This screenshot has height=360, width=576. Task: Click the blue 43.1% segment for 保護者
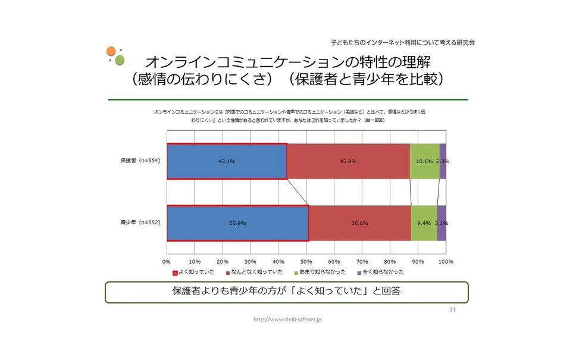click(227, 161)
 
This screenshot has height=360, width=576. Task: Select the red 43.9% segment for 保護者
click(348, 161)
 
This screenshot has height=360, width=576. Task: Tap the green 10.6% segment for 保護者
click(424, 161)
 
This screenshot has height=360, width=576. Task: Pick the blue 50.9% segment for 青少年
click(237, 223)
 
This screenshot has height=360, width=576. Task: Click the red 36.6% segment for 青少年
click(359, 223)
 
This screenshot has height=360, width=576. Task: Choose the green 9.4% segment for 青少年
click(424, 223)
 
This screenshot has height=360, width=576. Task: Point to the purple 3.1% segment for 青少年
click(442, 223)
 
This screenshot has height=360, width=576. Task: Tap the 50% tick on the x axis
click(306, 261)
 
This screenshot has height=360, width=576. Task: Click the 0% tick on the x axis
click(167, 261)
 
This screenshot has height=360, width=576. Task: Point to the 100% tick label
click(446, 261)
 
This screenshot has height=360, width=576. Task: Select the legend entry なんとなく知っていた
click(257, 272)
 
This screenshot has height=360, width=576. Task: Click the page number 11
click(453, 310)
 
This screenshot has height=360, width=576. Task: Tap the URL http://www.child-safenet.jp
click(288, 320)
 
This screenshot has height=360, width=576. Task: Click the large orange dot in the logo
click(111, 52)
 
